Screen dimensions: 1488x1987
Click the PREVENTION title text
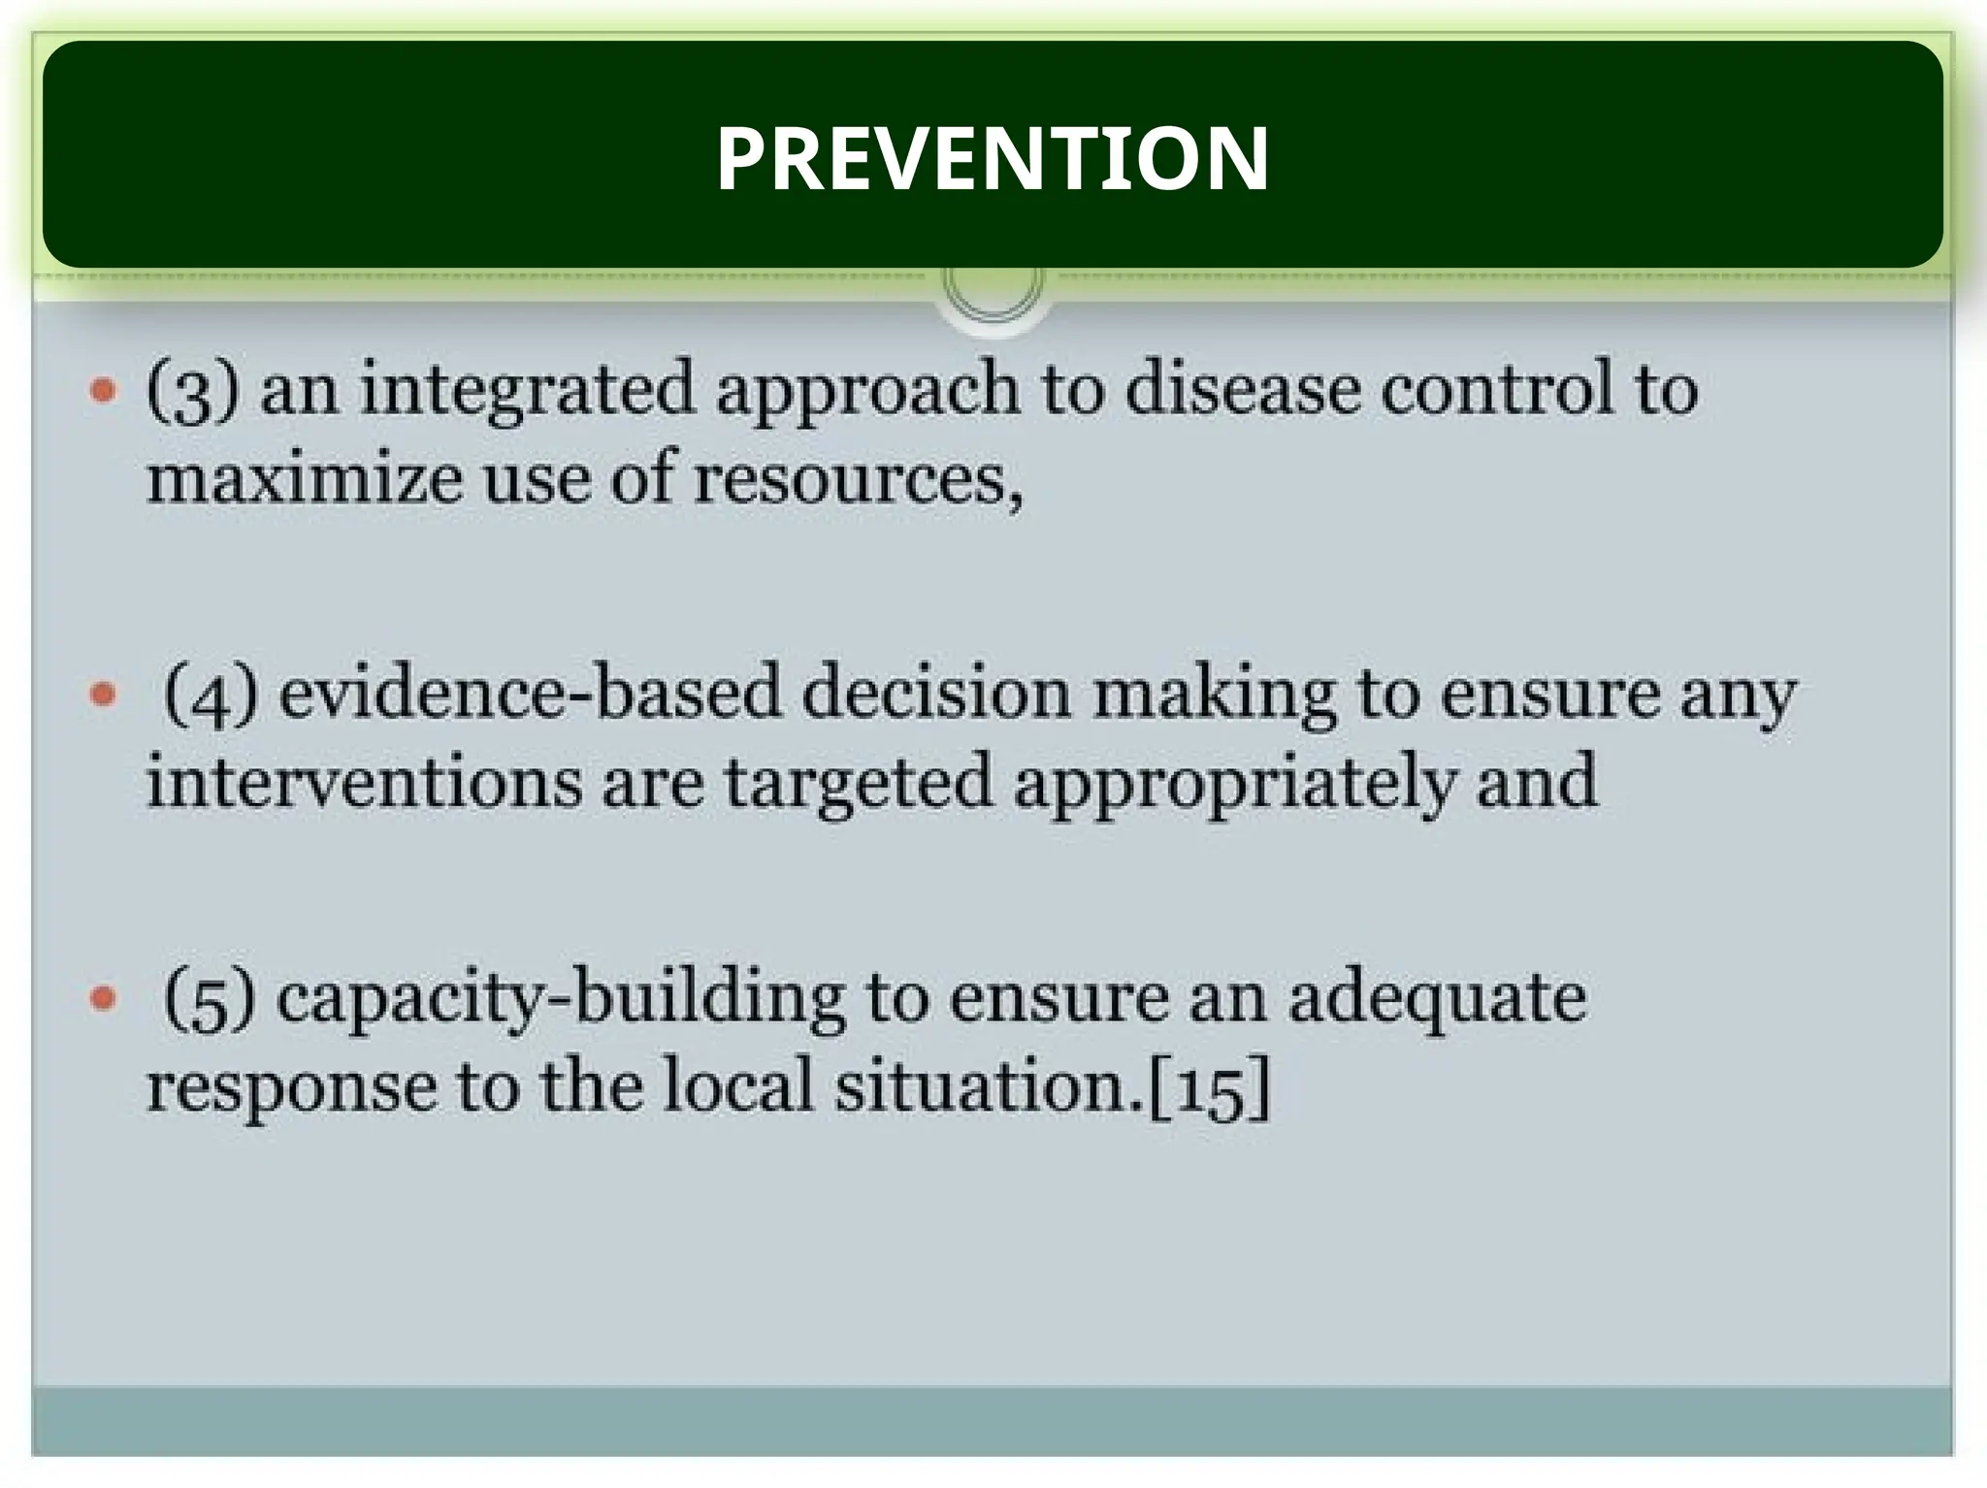point(992,158)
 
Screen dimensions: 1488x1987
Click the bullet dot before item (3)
point(103,390)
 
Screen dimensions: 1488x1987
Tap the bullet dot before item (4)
point(103,695)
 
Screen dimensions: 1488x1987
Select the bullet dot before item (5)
point(103,998)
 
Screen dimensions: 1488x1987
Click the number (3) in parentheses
point(191,392)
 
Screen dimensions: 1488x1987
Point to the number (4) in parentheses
point(210,695)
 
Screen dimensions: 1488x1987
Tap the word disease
point(1241,388)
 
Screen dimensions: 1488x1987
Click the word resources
point(856,480)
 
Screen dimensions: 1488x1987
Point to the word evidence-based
point(530,693)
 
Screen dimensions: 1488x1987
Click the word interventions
point(364,782)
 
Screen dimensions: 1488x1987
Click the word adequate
point(1438,999)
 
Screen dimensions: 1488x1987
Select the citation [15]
point(1209,1088)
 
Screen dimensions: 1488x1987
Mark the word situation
point(990,1086)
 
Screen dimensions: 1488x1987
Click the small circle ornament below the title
point(993,283)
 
